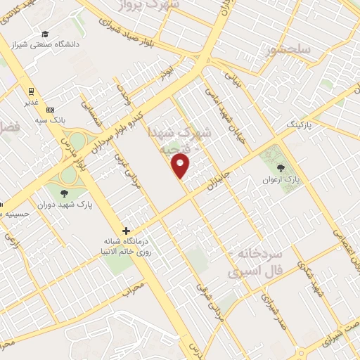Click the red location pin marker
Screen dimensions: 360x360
pos(181,167)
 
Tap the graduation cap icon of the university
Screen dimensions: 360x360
pos(45,34)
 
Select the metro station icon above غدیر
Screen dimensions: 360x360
pos(32,91)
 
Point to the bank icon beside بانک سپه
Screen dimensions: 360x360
pos(50,110)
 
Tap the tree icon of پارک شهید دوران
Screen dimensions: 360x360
pos(64,193)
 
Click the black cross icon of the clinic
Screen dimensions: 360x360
pos(127,231)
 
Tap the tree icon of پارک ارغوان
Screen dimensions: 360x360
pos(282,168)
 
